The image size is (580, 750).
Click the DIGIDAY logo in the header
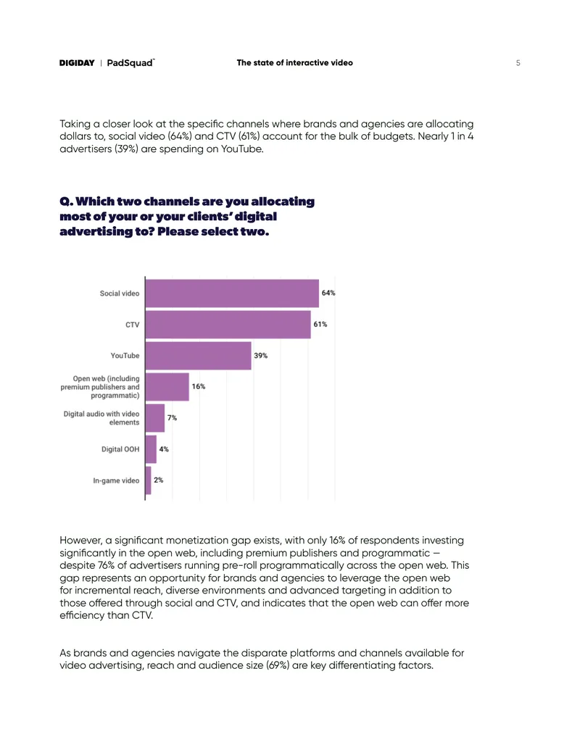pos(77,62)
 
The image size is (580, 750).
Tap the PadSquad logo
pos(130,62)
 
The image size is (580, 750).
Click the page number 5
pos(518,62)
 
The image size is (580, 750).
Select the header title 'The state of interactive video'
pos(295,62)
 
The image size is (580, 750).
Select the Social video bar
pos(232,293)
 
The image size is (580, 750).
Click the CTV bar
pos(228,325)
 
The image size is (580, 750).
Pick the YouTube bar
pos(198,355)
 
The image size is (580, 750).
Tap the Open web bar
pos(167,386)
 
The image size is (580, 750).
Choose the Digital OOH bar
pos(151,449)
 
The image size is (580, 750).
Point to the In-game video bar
pos(149,480)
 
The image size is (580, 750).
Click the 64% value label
pos(328,293)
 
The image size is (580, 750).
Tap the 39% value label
pos(261,355)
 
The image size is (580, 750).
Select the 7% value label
pos(172,417)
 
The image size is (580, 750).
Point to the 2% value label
pos(158,480)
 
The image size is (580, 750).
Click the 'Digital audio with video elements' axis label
pos(101,418)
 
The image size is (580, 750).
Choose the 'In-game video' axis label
pos(116,480)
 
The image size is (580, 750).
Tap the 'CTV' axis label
pos(133,325)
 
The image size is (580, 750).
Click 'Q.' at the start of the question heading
pos(67,201)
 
